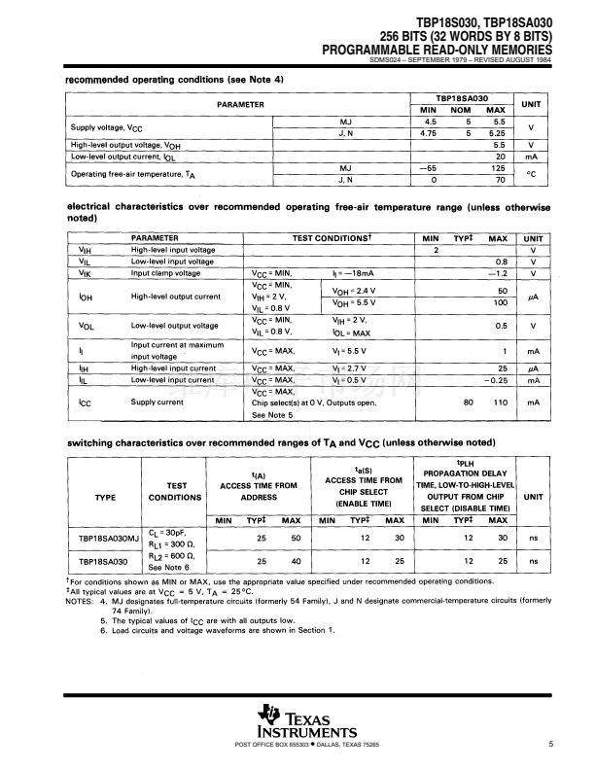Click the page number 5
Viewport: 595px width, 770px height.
[x=550, y=745]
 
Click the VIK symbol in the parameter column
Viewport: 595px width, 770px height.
[x=85, y=273]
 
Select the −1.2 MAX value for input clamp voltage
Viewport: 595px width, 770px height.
[x=500, y=273]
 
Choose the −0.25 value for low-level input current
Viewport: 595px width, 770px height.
[x=498, y=381]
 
